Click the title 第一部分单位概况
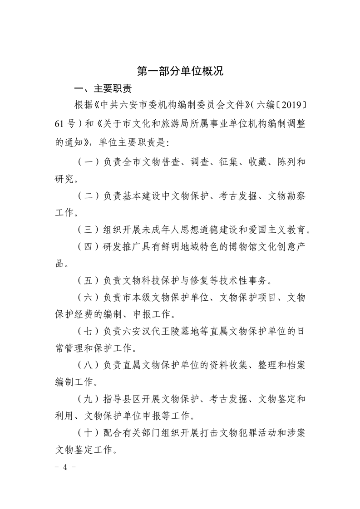(x=180, y=71)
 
